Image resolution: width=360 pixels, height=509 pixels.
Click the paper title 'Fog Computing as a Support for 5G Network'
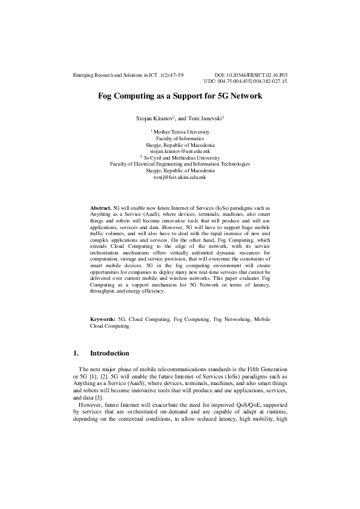click(180, 96)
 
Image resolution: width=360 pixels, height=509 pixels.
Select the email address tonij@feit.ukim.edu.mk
click(180, 177)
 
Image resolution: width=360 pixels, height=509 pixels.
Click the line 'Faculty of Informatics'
click(180, 138)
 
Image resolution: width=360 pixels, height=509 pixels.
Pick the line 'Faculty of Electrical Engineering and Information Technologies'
click(180, 164)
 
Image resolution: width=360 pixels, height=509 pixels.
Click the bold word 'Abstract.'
click(100, 207)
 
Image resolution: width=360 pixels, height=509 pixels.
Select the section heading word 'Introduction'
click(110, 353)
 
